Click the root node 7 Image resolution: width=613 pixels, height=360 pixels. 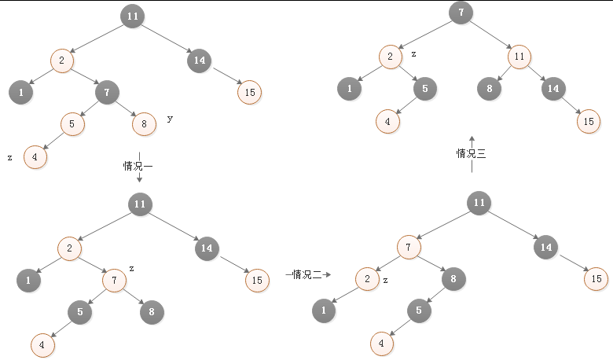(461, 13)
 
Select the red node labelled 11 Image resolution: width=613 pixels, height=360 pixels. (519, 57)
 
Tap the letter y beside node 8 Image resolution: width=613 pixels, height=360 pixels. (170, 119)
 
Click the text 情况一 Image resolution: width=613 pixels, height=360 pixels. (138, 166)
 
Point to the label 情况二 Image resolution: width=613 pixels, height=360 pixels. (307, 274)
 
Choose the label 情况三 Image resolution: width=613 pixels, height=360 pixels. (472, 154)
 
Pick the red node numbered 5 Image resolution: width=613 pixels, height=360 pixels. (72, 124)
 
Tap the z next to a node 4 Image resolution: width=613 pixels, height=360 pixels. (9, 158)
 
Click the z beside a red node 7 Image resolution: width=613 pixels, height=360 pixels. (131, 269)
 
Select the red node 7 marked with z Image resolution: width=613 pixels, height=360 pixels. (114, 279)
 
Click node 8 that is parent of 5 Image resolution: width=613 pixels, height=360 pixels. (453, 278)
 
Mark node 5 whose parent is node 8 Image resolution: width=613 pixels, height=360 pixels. (419, 310)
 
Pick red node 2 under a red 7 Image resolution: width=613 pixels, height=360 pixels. (366, 279)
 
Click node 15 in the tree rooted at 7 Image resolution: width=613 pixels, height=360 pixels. (587, 121)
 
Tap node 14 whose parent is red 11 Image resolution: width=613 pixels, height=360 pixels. (553, 89)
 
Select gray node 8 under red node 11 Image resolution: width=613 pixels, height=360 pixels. (489, 89)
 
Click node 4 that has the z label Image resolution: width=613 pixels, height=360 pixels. (35, 156)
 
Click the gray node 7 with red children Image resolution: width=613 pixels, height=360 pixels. (106, 92)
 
